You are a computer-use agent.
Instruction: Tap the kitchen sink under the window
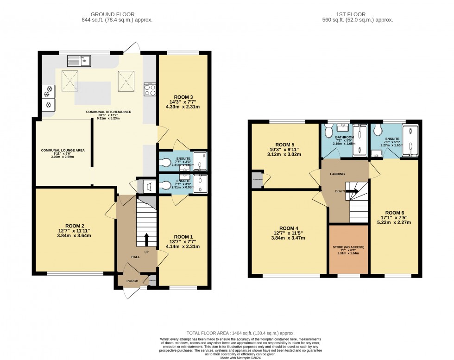pos(79,60)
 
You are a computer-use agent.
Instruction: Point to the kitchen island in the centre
pos(93,93)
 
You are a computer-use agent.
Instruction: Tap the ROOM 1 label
pos(181,237)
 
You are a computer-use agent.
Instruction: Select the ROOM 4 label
pos(287,228)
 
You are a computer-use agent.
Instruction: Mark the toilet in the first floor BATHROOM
pos(329,133)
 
